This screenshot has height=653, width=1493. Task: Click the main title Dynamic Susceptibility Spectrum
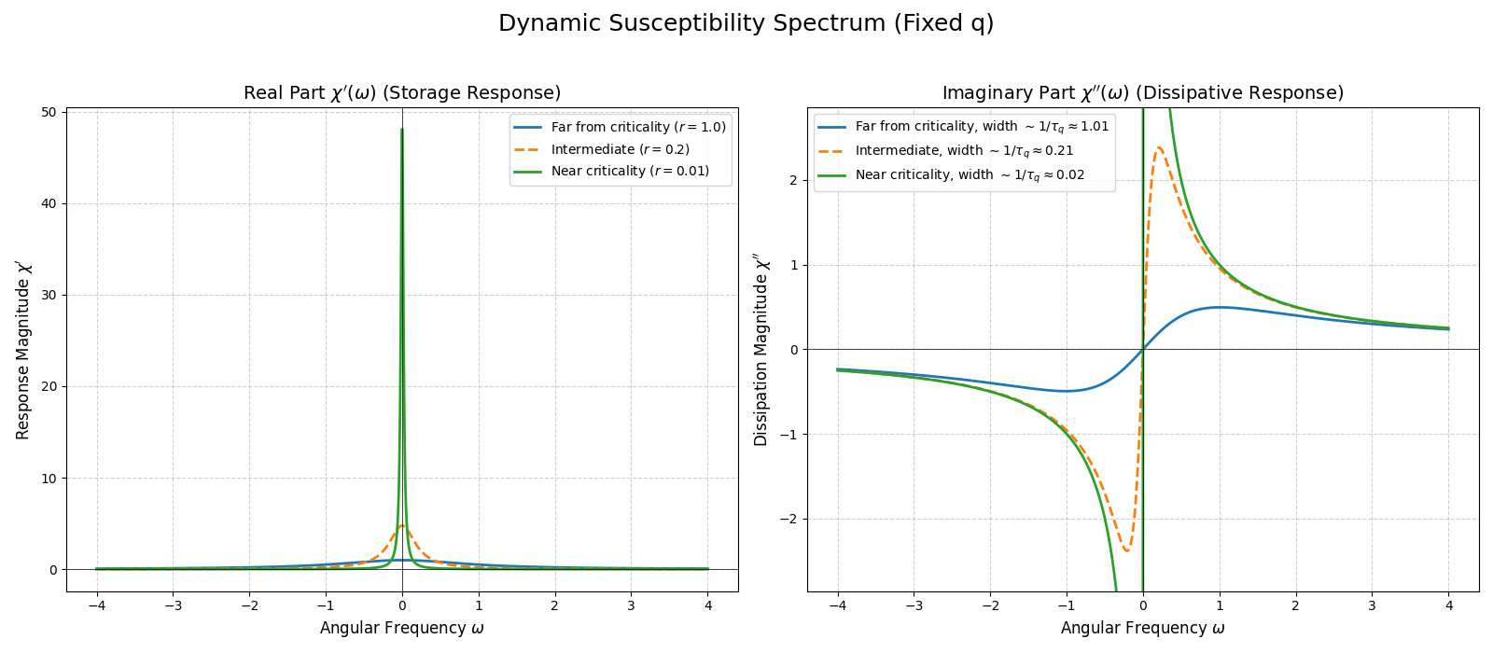coord(746,23)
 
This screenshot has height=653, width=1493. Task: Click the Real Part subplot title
coord(402,93)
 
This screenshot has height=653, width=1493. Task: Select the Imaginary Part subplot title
coord(1142,93)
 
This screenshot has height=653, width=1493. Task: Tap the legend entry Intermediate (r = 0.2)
coord(620,149)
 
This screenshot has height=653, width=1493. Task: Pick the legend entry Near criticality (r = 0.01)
coord(630,171)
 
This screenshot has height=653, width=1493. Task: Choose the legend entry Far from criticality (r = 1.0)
coord(638,127)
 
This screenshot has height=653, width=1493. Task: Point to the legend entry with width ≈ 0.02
coord(970,174)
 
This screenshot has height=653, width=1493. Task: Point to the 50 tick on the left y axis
coord(49,113)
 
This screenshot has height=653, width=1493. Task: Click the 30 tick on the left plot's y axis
coord(49,296)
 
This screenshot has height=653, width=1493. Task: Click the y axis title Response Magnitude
coord(23,350)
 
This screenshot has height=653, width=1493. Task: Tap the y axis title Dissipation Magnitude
coord(761,350)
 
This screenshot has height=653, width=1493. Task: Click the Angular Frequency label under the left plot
coord(402,628)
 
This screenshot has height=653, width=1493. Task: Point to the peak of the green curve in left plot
coord(402,131)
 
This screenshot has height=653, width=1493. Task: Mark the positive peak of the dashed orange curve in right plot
coord(1159,147)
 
